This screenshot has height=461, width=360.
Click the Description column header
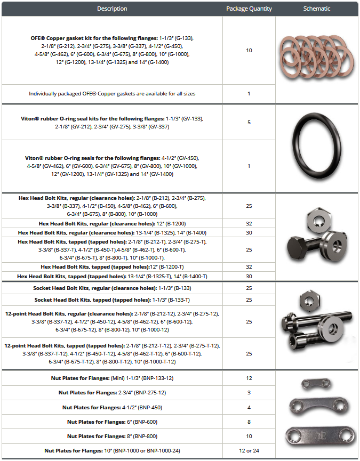(x=112, y=9)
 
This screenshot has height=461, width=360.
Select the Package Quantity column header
(x=249, y=9)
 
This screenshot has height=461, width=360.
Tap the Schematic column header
(x=317, y=9)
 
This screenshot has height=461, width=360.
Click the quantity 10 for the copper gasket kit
(x=249, y=50)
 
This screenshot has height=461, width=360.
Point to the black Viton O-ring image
(x=317, y=148)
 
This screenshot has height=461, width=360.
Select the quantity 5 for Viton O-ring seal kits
(x=249, y=122)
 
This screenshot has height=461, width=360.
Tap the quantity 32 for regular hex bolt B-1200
(x=249, y=224)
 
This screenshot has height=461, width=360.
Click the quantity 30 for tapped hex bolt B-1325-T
(x=249, y=276)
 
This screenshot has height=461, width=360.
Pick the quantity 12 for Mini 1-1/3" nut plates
(x=249, y=378)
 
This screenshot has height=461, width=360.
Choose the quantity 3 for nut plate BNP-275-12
(x=249, y=393)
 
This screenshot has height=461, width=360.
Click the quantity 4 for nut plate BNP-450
(x=249, y=407)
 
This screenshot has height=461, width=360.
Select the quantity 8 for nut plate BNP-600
(x=249, y=422)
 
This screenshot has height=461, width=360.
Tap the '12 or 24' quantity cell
(x=249, y=451)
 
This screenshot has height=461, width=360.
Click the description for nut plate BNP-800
(x=112, y=436)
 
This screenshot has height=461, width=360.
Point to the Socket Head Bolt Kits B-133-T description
(x=112, y=300)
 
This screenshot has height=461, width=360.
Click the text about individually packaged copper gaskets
(x=112, y=93)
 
